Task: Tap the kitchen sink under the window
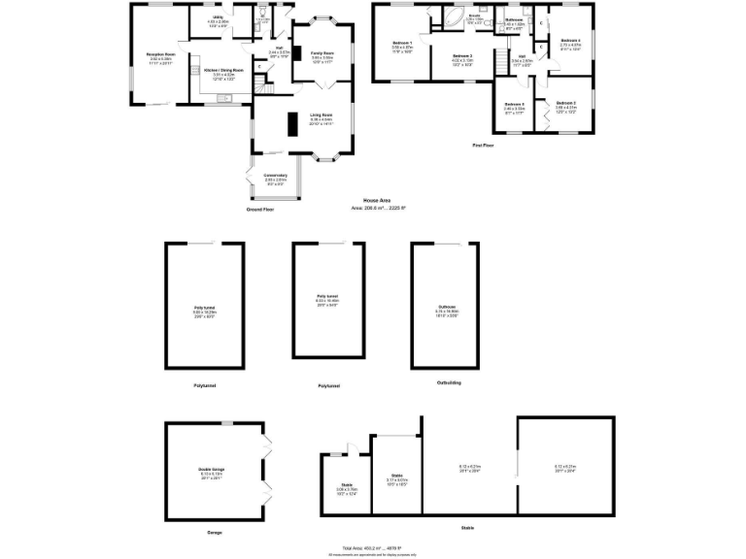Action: click(225, 97)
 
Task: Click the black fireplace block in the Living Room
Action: click(290, 125)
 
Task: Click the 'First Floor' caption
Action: click(484, 145)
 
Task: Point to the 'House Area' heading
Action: click(376, 200)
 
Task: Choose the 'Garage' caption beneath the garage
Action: click(214, 532)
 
